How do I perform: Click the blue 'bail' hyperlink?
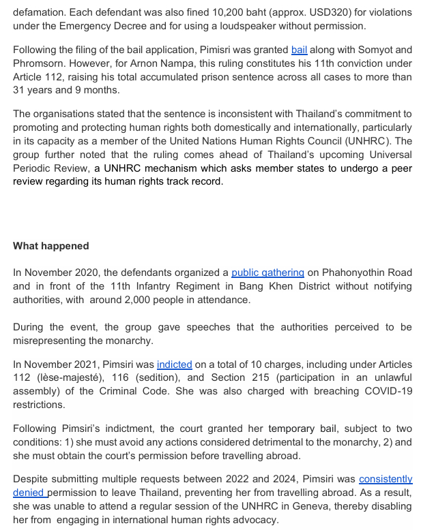[299, 50]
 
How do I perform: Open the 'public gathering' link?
[267, 272]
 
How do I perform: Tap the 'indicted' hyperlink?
[174, 364]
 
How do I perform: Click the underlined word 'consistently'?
[386, 480]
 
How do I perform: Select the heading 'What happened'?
[51, 246]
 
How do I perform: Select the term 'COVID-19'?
[387, 392]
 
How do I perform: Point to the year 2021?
[90, 364]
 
